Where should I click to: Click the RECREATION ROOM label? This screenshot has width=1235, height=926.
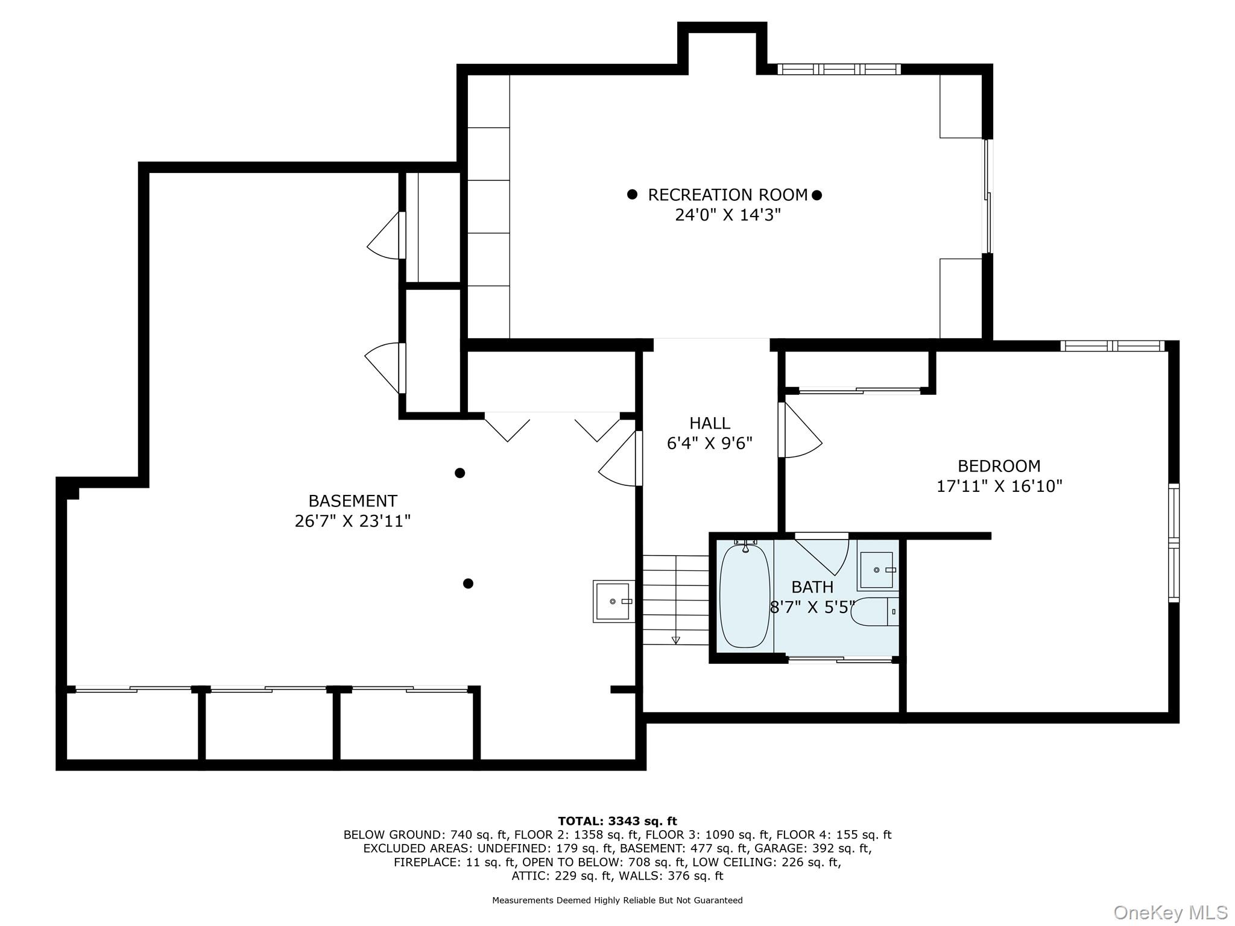[727, 195]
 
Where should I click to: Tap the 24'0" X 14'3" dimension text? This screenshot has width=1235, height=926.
[727, 215]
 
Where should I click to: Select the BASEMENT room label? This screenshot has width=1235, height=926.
[353, 501]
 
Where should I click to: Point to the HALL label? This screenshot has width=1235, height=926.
[710, 423]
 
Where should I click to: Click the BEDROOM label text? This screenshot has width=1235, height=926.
[999, 466]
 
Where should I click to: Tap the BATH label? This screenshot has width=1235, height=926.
[812, 587]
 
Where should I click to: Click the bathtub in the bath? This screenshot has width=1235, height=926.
[745, 594]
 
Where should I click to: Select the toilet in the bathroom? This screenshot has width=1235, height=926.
[875, 611]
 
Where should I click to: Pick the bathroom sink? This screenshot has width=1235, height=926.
[876, 570]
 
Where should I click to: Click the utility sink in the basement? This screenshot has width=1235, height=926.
[614, 601]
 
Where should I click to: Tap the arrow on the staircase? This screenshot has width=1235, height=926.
[675, 640]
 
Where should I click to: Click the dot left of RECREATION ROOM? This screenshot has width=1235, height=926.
[632, 194]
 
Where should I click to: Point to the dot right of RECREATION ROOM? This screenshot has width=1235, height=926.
[816, 195]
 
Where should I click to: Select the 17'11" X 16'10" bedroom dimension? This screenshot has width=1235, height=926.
[999, 486]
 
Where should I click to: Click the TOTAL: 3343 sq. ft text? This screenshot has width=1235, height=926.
[617, 821]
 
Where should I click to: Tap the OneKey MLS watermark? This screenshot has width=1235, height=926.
[1170, 912]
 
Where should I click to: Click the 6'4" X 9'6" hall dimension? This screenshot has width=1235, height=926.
[710, 444]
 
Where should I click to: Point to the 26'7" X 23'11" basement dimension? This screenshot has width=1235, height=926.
[353, 521]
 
